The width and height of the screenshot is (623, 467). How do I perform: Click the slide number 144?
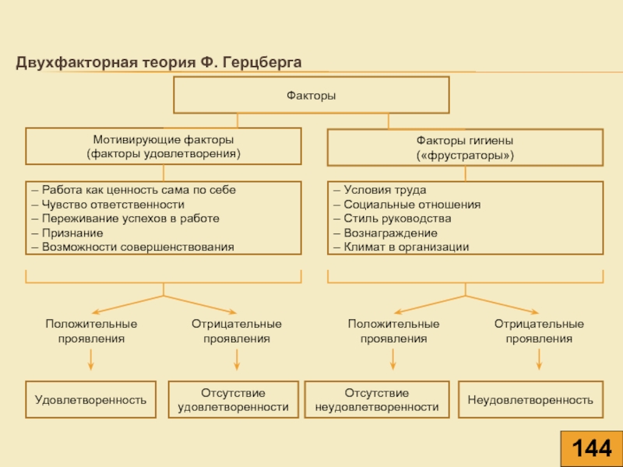pos(592,448)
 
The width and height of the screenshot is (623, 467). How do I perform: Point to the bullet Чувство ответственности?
pos(108,205)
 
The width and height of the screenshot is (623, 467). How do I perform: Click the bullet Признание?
pos(68,233)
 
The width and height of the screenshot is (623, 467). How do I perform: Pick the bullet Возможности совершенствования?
pos(133,247)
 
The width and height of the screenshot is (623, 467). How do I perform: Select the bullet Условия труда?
pos(380,190)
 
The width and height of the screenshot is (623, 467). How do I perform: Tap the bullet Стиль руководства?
pos(392,219)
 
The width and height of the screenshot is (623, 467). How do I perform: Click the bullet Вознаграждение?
pos(385,233)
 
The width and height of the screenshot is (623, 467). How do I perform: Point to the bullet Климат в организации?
pos(401,247)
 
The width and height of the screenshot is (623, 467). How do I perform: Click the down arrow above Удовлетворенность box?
pos(90,360)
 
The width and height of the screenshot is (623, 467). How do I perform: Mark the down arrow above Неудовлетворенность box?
pos(539,360)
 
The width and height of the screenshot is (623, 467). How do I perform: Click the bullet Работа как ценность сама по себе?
pos(134,190)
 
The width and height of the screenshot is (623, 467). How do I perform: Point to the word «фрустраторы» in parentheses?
pos(465,155)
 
